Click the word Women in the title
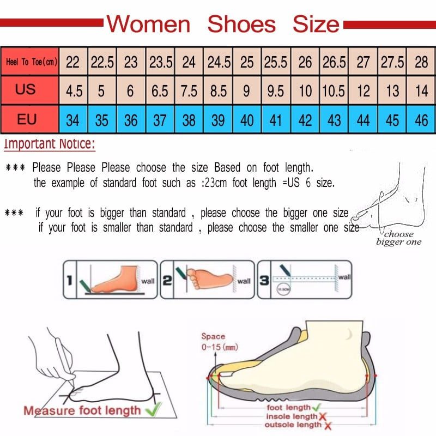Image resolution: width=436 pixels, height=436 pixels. pos(148,25)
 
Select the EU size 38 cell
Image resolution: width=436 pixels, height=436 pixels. pos(189,119)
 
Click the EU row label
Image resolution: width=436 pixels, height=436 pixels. pos(26,119)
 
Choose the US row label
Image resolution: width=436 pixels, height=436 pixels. pos(26,89)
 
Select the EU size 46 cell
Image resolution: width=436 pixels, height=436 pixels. pos(421,119)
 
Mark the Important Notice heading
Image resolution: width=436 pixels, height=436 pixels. pos(50,144)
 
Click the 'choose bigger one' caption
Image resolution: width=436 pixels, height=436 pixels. pos(399,238)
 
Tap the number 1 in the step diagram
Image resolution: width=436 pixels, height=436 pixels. pos(69,280)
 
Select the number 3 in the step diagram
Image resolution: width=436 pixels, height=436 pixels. pos(264,280)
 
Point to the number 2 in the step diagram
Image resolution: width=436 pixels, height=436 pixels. pos(167,280)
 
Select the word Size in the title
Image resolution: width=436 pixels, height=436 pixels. pos(316,25)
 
